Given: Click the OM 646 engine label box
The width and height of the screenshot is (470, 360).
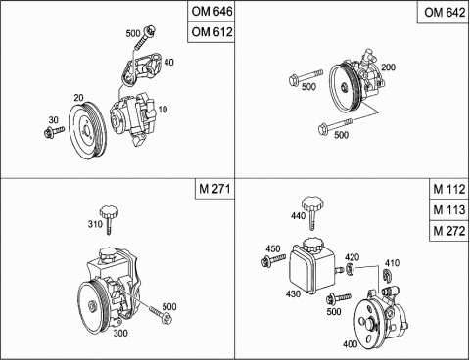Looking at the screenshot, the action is pos(211,12).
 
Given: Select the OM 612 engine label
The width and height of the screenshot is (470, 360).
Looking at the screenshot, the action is pos(211,32).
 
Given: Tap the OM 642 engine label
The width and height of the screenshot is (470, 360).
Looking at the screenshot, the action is pos(444,13).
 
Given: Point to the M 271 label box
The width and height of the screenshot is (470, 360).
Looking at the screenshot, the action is pos(214,189).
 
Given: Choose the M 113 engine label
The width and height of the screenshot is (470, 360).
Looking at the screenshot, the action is pos(449,210).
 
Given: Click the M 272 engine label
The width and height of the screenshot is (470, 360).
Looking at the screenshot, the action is pos(449,231).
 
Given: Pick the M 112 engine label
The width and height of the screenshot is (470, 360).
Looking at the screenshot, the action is pos(449,189).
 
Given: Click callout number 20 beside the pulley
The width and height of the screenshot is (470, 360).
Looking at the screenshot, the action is pos(78,98).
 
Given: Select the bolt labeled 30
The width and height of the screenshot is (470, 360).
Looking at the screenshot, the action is pos(54,132).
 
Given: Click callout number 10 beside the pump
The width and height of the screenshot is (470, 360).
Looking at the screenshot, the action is pos(163,109).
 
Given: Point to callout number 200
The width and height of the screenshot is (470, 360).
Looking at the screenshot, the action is pos(388,67).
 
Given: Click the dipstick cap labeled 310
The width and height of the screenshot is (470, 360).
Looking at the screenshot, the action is pos(109,219).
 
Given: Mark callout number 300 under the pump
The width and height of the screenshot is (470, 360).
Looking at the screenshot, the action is pos(120,333).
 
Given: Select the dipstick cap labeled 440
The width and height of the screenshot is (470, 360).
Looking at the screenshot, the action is pos(312,212).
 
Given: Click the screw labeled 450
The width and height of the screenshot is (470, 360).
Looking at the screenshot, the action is pos(274,260).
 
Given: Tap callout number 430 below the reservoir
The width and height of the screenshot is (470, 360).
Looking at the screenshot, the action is pos(293,293).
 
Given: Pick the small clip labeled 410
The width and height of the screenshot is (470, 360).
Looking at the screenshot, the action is pos(387,275).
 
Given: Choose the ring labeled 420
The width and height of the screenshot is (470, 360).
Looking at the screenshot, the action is pos(350,269).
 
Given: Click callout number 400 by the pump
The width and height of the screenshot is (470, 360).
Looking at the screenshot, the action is pos(351,343).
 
